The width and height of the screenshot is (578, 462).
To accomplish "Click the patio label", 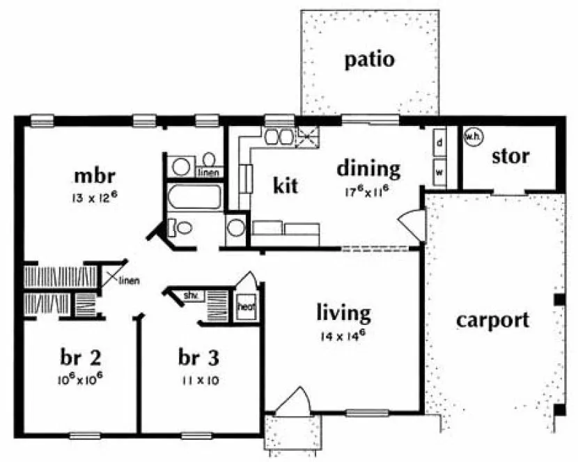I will tap(370, 60).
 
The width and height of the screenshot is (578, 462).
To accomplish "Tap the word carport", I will tap(492, 320).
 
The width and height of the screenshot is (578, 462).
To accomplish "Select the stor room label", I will tap(510, 156).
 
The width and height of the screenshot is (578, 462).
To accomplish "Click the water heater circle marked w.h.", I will tap(471, 136).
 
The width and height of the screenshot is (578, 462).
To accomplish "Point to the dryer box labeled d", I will tap(439, 142).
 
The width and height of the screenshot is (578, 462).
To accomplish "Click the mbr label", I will tap(94, 173).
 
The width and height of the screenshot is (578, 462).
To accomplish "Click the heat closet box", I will tap(246, 306).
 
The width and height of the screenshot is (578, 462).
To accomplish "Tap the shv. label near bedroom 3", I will tap(192, 296).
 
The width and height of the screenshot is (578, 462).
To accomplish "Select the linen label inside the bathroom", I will tap(209, 172).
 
